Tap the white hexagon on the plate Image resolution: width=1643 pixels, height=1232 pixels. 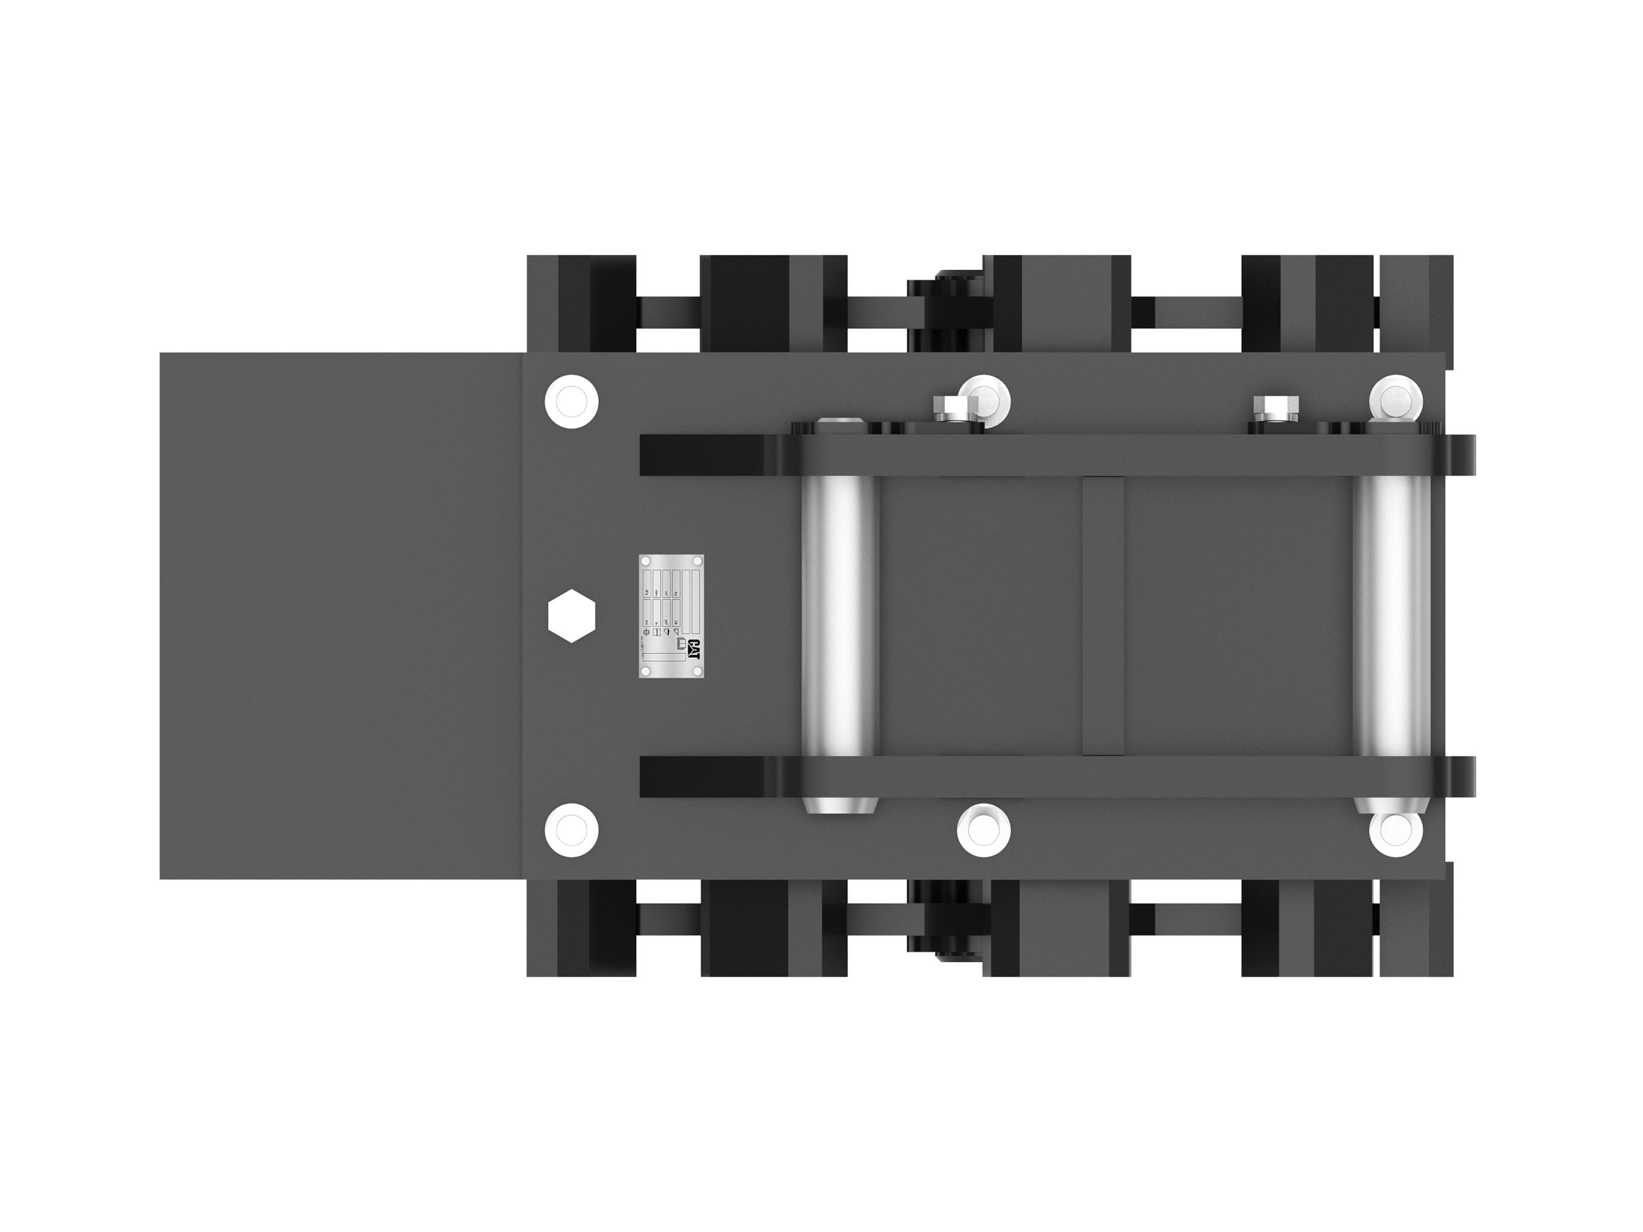pyautogui.click(x=571, y=616)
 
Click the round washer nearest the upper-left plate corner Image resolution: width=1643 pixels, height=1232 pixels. pyautogui.click(x=571, y=401)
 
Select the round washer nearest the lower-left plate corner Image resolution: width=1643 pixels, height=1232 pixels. pyautogui.click(x=571, y=829)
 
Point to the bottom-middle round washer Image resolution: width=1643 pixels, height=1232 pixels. pyautogui.click(x=983, y=829)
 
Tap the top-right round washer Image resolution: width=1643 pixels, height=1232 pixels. pyautogui.click(x=1396, y=399)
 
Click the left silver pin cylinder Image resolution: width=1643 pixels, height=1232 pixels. pyautogui.click(x=840, y=616)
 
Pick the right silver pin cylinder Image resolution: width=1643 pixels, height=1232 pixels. pyautogui.click(x=1390, y=616)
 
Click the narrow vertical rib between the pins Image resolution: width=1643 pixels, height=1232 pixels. pyautogui.click(x=1102, y=616)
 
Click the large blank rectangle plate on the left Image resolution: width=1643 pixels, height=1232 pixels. pyautogui.click(x=342, y=616)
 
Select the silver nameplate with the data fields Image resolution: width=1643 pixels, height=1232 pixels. pyautogui.click(x=672, y=616)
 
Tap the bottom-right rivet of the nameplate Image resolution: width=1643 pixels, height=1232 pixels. pyautogui.click(x=697, y=672)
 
